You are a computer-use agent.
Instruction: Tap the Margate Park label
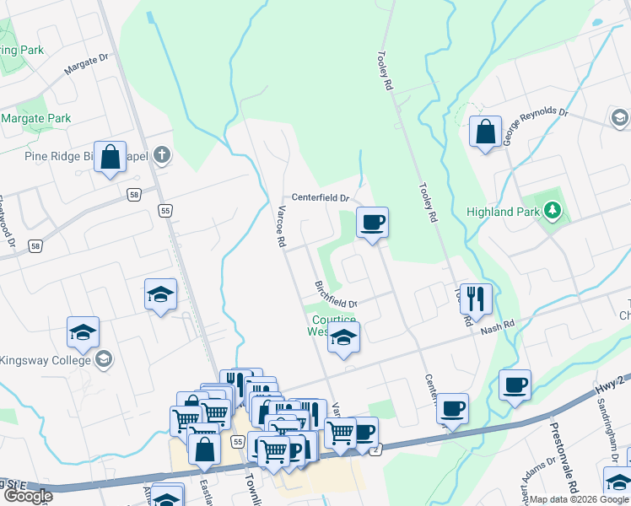(x=35, y=119)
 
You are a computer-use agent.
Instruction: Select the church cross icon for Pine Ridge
(x=163, y=154)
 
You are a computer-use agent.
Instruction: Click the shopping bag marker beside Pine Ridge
(x=111, y=157)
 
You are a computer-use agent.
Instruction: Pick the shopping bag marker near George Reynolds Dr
(x=485, y=132)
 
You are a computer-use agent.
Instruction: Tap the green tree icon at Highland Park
(x=553, y=209)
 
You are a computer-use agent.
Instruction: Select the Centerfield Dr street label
(x=321, y=197)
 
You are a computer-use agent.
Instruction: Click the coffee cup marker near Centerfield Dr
(x=372, y=223)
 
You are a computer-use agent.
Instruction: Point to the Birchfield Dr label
(x=337, y=295)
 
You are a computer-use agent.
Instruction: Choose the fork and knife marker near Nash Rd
(x=476, y=299)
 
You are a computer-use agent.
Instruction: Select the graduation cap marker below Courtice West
(x=343, y=339)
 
